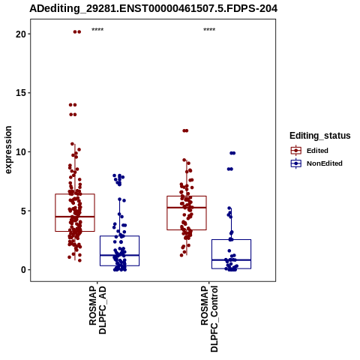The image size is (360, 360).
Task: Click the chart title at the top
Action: (x=153, y=8)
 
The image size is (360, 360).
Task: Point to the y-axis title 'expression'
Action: (x=8, y=150)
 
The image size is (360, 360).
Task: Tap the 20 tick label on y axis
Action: (x=21, y=34)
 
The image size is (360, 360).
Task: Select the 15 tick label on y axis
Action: (x=21, y=93)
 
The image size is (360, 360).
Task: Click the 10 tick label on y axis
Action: (x=21, y=152)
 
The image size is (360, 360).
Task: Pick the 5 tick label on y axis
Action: (x=23, y=211)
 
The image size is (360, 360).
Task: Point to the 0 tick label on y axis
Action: (x=23, y=270)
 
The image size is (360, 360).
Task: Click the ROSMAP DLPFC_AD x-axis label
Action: (x=97, y=310)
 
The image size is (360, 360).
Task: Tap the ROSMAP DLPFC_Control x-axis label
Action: (x=209, y=319)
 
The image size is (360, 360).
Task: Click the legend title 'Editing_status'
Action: (x=320, y=136)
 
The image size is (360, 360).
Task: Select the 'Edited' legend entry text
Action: (x=317, y=151)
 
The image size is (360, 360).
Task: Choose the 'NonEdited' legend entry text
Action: (x=325, y=163)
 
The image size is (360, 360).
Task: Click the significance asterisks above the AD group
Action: (x=97, y=30)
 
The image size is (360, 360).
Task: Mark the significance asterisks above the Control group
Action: (x=209, y=30)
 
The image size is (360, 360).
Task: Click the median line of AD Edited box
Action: (x=75, y=217)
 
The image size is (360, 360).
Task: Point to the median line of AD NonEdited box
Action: (x=119, y=255)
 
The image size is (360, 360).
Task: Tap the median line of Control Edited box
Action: (x=187, y=208)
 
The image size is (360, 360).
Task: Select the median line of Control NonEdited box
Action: (x=231, y=260)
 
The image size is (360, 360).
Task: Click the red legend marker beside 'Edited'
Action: (x=296, y=151)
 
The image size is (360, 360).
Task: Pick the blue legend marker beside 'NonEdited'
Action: (x=296, y=163)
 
